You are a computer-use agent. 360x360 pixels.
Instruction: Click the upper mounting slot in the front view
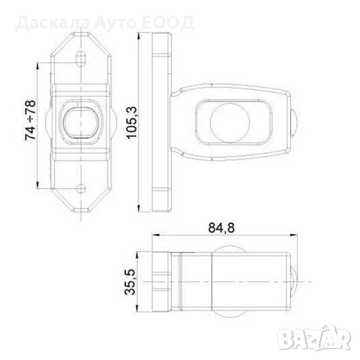coord(78,54)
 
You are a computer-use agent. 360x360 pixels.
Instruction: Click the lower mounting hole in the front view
coord(78,187)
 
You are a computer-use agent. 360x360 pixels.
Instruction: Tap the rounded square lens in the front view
coord(79,121)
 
